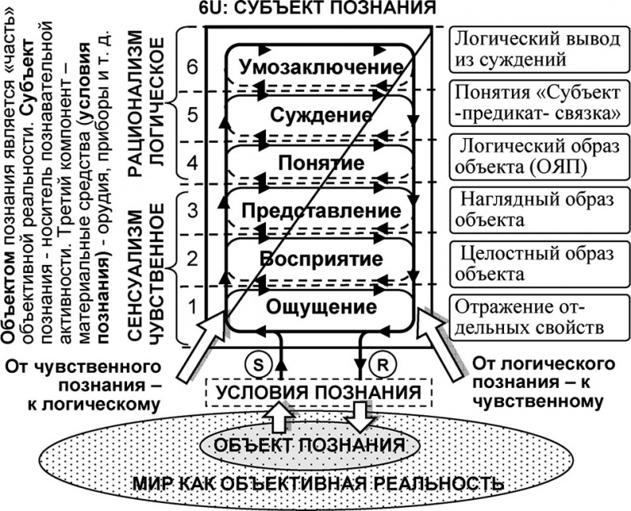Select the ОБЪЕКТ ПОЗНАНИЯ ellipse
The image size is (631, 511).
(x=319, y=443)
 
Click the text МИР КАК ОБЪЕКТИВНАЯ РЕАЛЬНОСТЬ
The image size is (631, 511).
(x=319, y=485)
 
